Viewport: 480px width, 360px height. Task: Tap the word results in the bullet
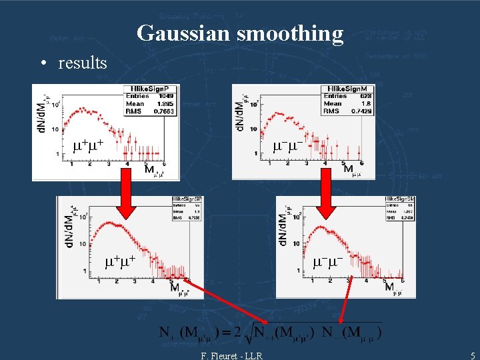click(83, 63)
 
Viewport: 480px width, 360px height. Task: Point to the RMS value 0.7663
click(165, 111)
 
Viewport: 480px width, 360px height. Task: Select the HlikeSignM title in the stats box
click(345, 89)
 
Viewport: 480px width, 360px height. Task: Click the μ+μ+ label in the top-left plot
click(88, 145)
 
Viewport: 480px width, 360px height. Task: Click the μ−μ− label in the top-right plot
click(289, 145)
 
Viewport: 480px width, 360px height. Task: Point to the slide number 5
click(472, 356)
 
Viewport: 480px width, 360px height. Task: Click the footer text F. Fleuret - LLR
click(231, 356)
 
